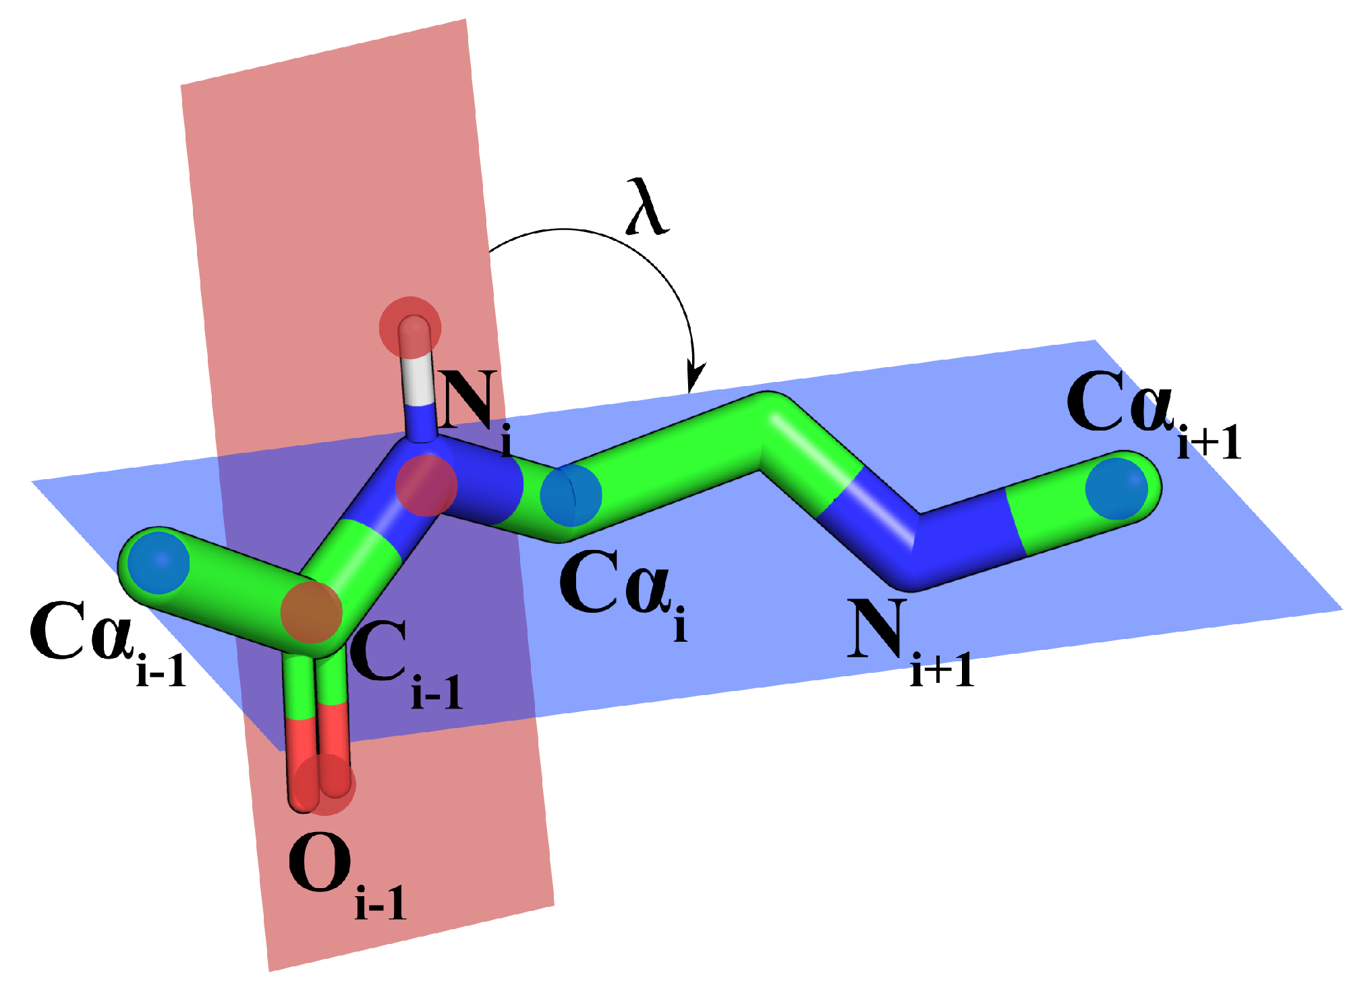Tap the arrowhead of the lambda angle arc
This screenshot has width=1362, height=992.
pyautogui.click(x=694, y=378)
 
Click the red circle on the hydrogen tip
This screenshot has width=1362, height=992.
pyautogui.click(x=410, y=327)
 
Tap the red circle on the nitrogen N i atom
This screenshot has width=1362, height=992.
pyautogui.click(x=426, y=485)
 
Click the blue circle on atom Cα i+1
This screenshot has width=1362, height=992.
pyautogui.click(x=1116, y=489)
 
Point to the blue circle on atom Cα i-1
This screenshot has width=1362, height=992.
pyautogui.click(x=159, y=562)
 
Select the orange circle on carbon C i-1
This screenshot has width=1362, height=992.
pyautogui.click(x=312, y=612)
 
